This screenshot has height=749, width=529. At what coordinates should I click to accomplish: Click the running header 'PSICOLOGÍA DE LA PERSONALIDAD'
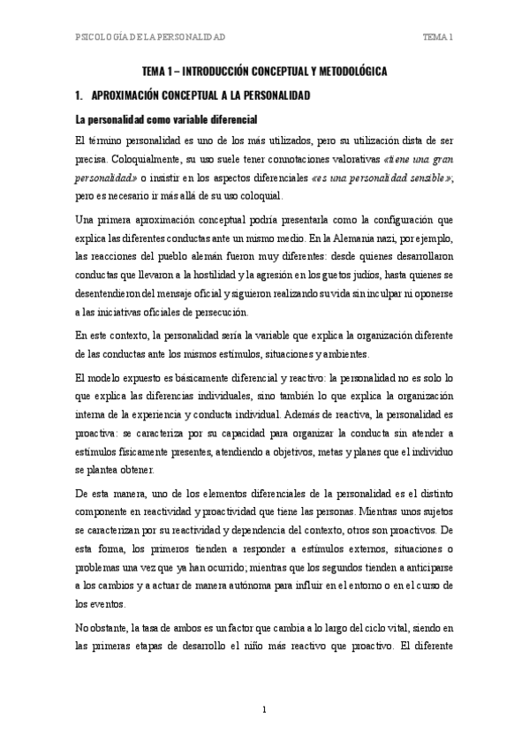click(x=149, y=36)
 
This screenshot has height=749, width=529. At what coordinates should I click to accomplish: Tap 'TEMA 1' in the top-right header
click(x=438, y=36)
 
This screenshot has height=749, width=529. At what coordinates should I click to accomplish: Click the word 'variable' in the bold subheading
click(x=183, y=119)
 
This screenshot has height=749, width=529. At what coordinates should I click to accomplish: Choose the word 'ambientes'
click(x=320, y=353)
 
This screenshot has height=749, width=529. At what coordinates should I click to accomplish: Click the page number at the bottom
click(x=264, y=709)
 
